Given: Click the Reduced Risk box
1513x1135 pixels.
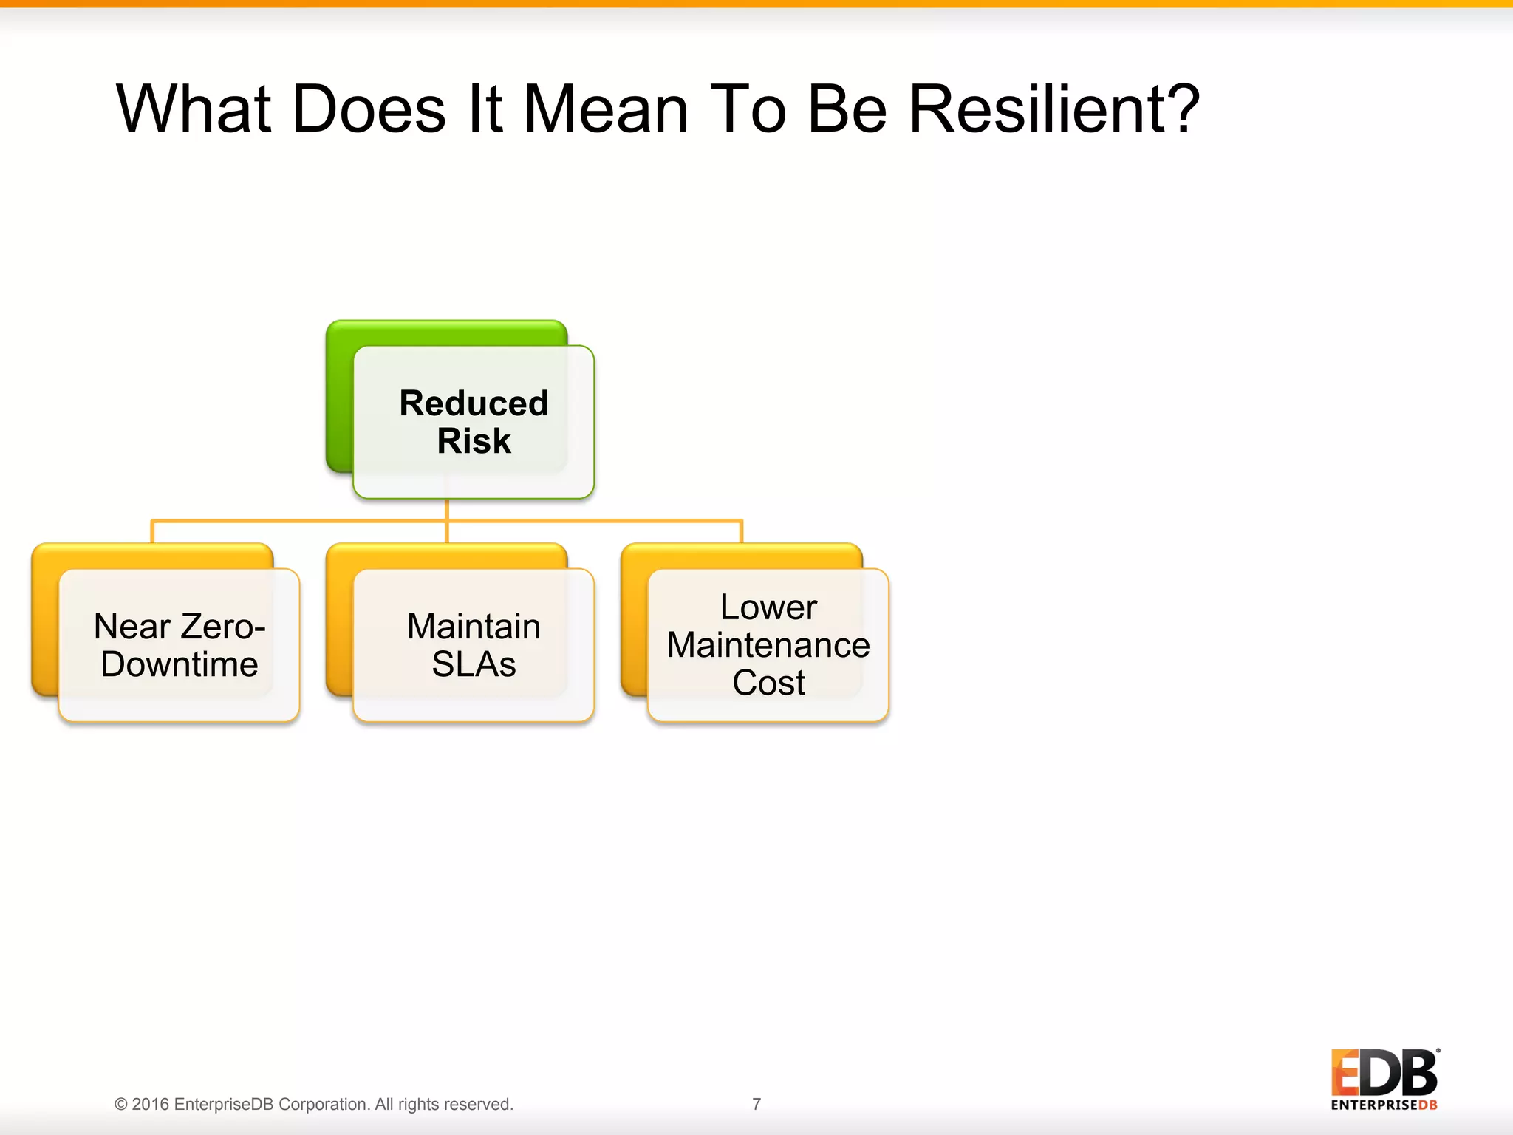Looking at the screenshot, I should pyautogui.click(x=474, y=422).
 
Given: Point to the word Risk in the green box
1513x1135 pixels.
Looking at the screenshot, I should pyautogui.click(x=474, y=441).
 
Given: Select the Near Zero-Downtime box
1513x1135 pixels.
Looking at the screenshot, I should pyautogui.click(x=179, y=645).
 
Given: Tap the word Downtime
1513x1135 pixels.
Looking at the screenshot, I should pyautogui.click(x=180, y=664).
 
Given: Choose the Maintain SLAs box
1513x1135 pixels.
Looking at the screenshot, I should pyautogui.click(x=474, y=645).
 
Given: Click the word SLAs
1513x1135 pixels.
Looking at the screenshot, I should pyautogui.click(x=474, y=664).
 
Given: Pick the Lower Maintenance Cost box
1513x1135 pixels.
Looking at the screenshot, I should pyautogui.click(x=768, y=645).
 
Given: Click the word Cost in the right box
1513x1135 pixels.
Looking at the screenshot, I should pyautogui.click(x=768, y=683).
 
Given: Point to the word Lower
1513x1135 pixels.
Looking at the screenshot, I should pyautogui.click(x=768, y=607).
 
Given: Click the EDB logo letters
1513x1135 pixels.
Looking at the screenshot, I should pyautogui.click(x=1384, y=1073).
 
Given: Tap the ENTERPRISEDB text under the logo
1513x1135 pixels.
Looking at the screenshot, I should pyautogui.click(x=1384, y=1105).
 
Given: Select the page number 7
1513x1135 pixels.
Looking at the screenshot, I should pyautogui.click(x=756, y=1104).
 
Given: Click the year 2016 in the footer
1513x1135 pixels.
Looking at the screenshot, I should pyautogui.click(x=151, y=1105).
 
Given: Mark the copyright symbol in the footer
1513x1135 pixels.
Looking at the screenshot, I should pyautogui.click(x=121, y=1105).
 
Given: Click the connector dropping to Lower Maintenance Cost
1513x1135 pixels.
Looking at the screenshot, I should pyautogui.click(x=741, y=531).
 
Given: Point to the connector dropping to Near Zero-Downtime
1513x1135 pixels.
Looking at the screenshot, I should pyautogui.click(x=152, y=531).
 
